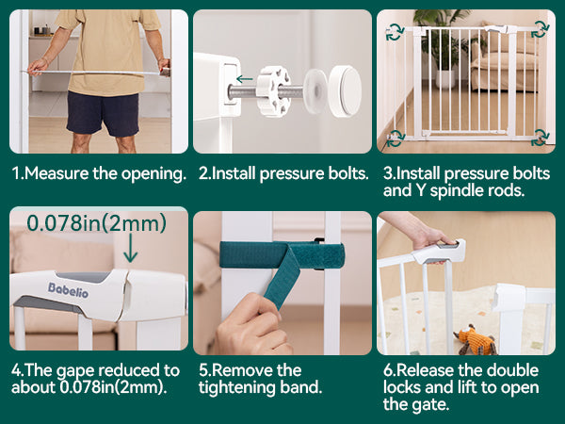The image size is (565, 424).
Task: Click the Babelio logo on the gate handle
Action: click(68, 290)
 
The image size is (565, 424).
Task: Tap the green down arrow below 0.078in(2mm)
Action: click(131, 248)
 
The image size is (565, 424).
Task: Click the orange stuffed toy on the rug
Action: click(475, 339)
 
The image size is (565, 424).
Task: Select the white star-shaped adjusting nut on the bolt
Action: click(273, 91)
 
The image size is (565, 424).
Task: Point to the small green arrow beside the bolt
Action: click(245, 78)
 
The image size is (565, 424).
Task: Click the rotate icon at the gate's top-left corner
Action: click(395, 32)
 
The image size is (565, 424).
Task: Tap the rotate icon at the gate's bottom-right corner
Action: click(541, 138)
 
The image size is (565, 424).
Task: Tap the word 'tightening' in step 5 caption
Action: click(236, 388)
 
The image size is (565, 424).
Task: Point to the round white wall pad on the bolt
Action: click(345, 91)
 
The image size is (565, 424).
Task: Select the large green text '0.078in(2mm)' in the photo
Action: click(97, 222)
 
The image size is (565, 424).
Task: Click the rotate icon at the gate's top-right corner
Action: click(541, 29)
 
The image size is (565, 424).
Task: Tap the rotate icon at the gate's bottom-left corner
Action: click(395, 139)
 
